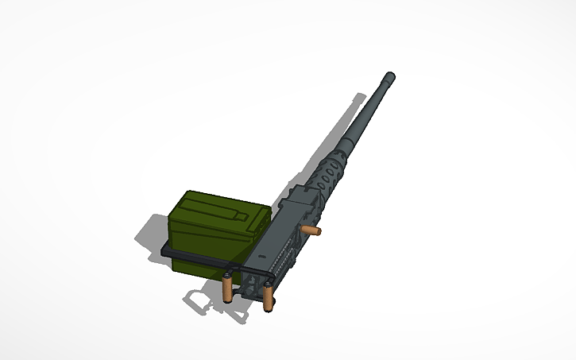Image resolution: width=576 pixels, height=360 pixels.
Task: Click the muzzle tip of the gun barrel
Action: pos(389,77)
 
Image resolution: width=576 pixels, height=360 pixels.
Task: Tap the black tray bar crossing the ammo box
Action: pos(199,256)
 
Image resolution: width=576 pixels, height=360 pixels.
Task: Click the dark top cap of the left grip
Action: pos(229,276)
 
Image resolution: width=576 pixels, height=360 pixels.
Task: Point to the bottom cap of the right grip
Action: pos(269,308)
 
